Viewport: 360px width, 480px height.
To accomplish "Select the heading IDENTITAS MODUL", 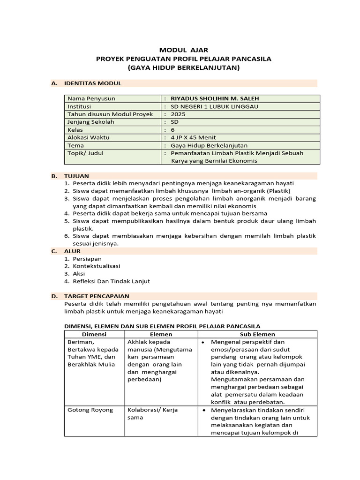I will click(96, 83).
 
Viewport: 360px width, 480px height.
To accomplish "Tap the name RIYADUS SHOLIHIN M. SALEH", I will click(215, 98).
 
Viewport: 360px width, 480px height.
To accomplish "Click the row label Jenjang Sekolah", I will click(91, 122).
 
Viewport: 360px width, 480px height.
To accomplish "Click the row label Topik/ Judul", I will click(86, 153).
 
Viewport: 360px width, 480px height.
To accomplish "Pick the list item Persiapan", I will click(87, 259).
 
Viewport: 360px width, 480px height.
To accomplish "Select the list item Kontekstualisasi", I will click(97, 266).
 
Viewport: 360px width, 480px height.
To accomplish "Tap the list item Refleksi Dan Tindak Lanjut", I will click(111, 281).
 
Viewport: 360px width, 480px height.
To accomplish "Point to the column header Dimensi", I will click(94, 334).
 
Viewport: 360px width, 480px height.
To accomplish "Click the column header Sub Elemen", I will click(257, 334).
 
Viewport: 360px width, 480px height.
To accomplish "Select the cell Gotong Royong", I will click(90, 410).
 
